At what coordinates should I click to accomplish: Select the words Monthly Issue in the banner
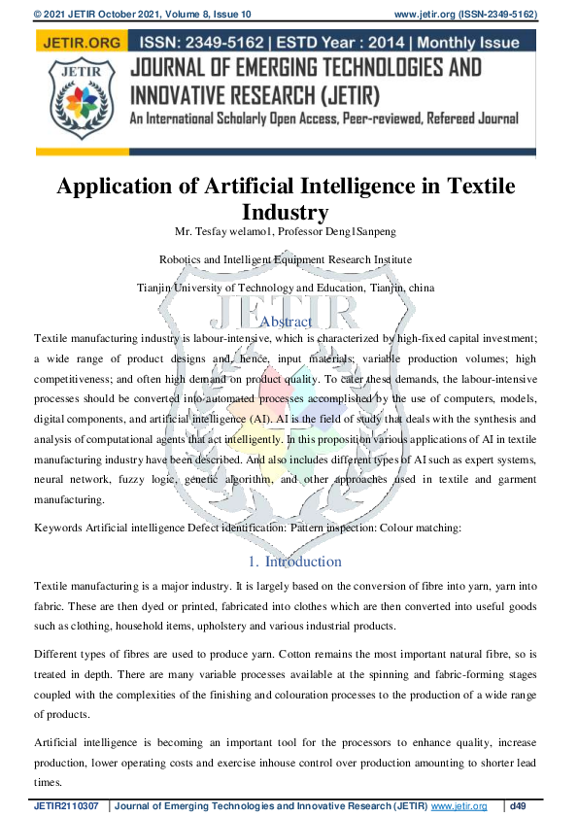(x=483, y=42)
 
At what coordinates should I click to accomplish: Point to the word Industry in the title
(x=288, y=211)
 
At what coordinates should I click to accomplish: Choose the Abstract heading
(x=287, y=322)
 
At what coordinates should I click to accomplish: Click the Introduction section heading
(x=303, y=562)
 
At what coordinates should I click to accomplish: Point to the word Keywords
(x=58, y=528)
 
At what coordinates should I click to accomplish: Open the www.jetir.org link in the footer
(x=458, y=806)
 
